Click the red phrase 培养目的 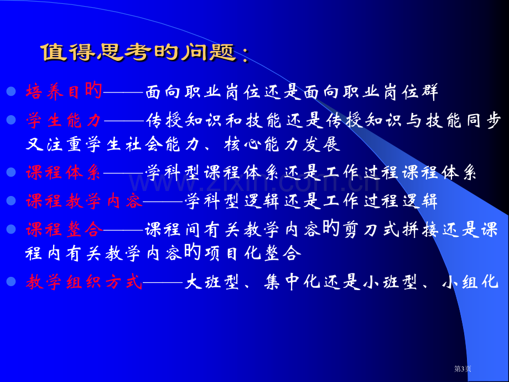coord(64,91)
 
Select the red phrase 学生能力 coord(64,120)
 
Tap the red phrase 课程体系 coord(64,172)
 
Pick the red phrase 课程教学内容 coord(84,201)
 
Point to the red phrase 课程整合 coord(64,230)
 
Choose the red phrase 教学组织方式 coord(84,282)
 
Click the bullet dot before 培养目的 coord(11,91)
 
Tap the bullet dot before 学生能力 coord(11,120)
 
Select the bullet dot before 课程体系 coord(11,172)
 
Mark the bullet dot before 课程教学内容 coord(11,201)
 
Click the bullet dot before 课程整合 coord(11,229)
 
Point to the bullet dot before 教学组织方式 coord(11,281)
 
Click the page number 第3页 coord(463,369)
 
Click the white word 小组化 coord(470,282)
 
